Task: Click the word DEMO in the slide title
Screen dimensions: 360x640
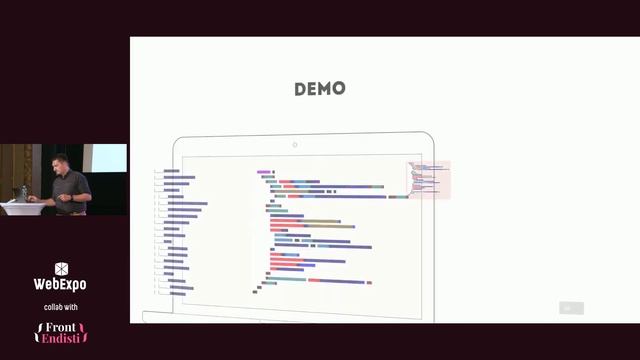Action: [x=320, y=89]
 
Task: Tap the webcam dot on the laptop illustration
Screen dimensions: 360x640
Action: [x=294, y=145]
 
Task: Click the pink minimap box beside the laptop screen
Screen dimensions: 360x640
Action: [x=429, y=180]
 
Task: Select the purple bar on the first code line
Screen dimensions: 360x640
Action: [x=264, y=172]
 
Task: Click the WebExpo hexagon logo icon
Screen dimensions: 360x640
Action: [x=61, y=269]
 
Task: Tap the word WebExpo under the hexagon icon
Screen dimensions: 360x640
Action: [x=61, y=285]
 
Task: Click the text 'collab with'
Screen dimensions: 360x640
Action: [x=61, y=306]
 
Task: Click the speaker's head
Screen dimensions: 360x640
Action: [x=70, y=159]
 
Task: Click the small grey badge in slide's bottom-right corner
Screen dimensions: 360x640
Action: [x=571, y=308]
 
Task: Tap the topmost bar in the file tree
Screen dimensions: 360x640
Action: [x=172, y=171]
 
